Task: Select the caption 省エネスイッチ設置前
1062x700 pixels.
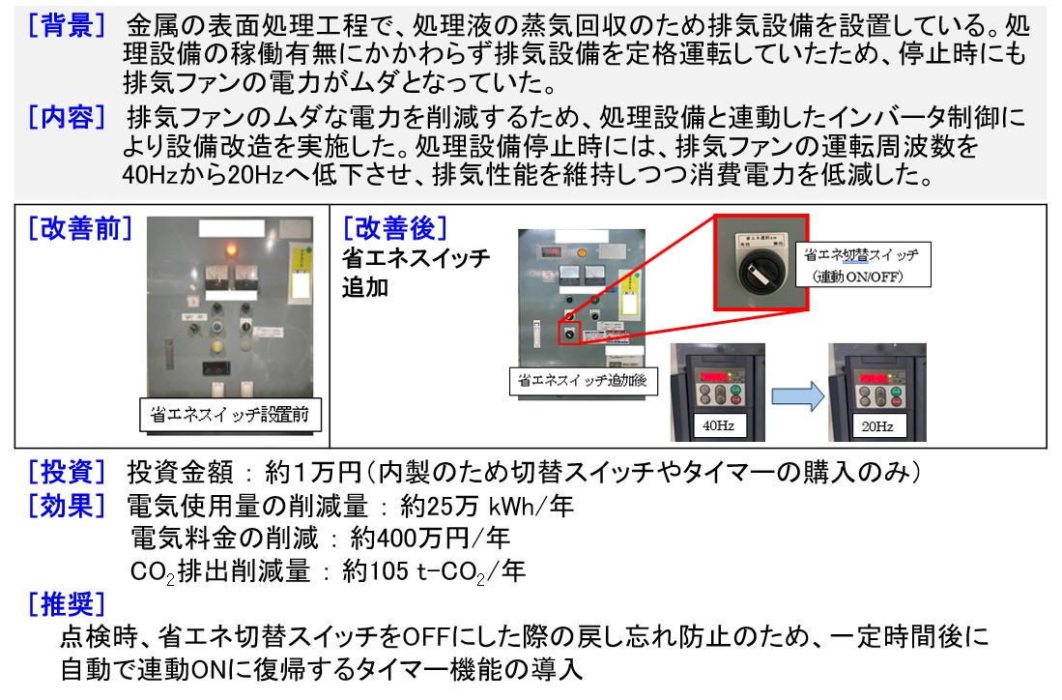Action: click(x=230, y=416)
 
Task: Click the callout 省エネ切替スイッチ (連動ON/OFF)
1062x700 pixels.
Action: click(x=869, y=265)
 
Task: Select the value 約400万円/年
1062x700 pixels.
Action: click(x=430, y=538)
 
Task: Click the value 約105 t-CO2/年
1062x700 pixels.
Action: click(x=434, y=571)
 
